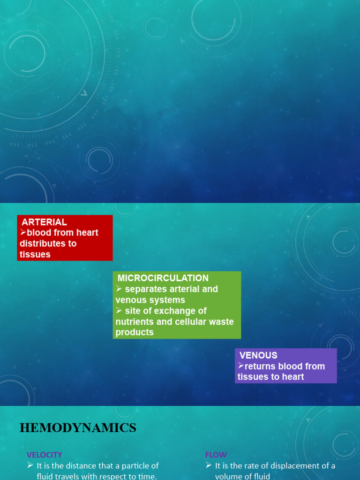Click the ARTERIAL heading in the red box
[45, 222]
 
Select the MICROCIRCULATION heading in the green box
[163, 278]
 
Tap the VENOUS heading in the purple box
[258, 355]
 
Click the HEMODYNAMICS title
[78, 427]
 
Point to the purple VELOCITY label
[45, 455]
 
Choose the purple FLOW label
[216, 455]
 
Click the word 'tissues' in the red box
[35, 255]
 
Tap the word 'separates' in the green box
[143, 289]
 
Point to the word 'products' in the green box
[135, 332]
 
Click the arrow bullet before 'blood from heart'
[23, 232]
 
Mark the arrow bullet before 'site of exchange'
[119, 310]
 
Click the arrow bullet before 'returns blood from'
[241, 366]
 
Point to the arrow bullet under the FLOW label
[209, 465]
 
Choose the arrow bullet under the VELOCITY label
[30, 465]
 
